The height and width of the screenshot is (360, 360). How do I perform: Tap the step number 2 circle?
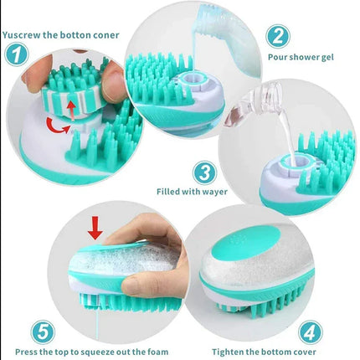[277, 36]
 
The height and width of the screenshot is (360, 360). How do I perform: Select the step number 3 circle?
[204, 172]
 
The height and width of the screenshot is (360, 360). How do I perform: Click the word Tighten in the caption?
[232, 352]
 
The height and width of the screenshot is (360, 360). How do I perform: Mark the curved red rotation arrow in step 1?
[59, 125]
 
